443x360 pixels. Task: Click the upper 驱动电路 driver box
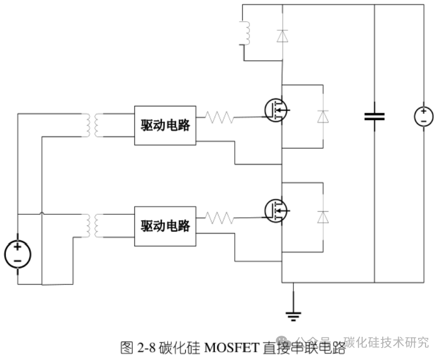[165, 125]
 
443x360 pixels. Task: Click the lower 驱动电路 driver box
[165, 226]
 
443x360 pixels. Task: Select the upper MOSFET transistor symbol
[276, 110]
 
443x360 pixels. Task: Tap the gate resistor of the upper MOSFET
[220, 117]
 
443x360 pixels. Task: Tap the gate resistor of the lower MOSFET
[220, 218]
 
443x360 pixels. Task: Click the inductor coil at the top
[246, 33]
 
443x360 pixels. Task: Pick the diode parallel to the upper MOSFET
[323, 116]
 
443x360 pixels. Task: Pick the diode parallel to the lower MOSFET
[323, 217]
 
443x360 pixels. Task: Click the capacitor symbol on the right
[374, 116]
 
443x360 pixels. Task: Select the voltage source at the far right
[423, 116]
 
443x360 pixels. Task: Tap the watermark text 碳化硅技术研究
[386, 342]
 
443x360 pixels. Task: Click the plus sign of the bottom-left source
[18, 248]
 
